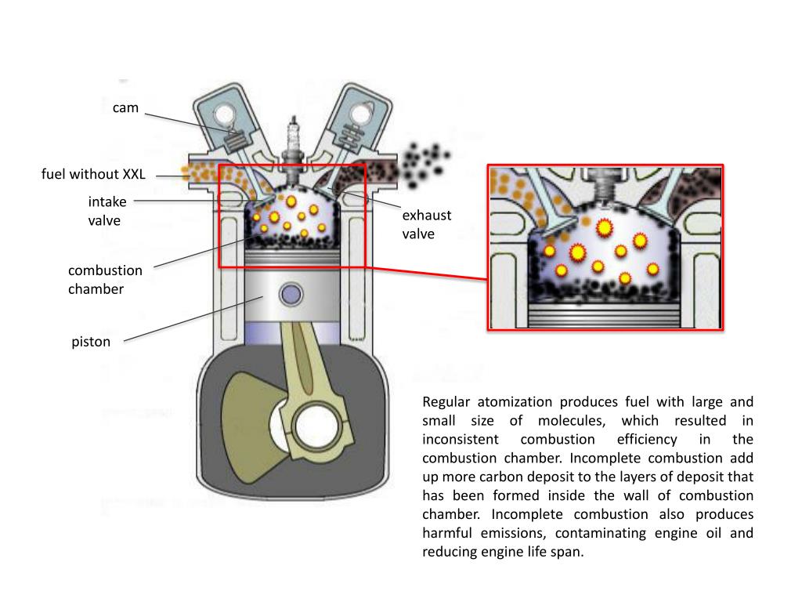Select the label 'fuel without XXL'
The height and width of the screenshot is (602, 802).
click(93, 174)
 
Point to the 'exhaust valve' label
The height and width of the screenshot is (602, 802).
click(427, 224)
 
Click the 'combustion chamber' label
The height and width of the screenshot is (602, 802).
click(105, 280)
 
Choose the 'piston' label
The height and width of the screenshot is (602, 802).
click(92, 342)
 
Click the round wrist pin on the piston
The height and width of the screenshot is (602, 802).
click(291, 296)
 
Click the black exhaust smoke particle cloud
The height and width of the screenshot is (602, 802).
click(424, 161)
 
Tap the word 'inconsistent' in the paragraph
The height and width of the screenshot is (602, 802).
click(458, 440)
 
